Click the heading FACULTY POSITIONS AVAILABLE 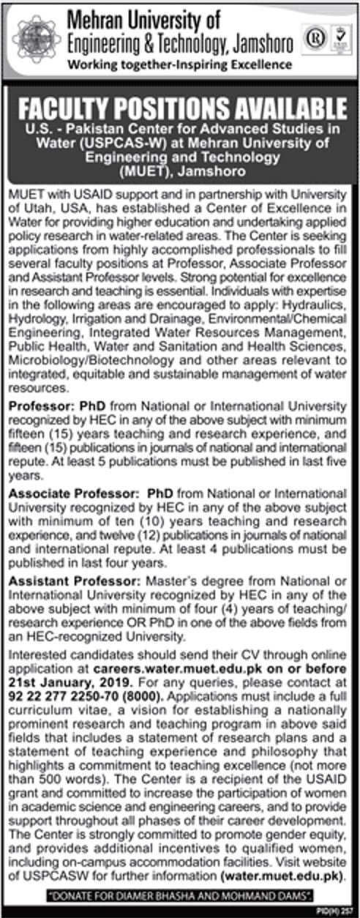click(180, 112)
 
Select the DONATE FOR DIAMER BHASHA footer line click(179, 895)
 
